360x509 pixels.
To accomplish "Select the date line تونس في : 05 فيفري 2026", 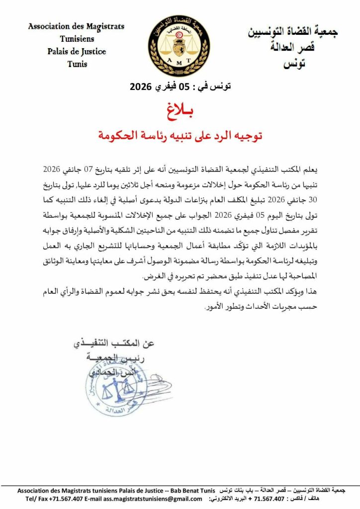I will pos(180,85).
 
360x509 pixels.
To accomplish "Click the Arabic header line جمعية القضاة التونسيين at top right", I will pos(293,33).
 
